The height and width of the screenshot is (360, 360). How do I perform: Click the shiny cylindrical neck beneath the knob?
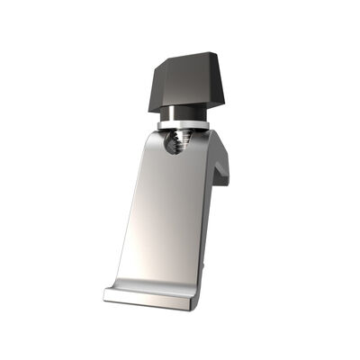pos(184,114)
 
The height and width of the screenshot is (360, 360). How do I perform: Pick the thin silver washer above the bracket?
pos(184,124)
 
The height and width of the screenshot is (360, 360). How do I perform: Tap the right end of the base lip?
pos(193,303)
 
